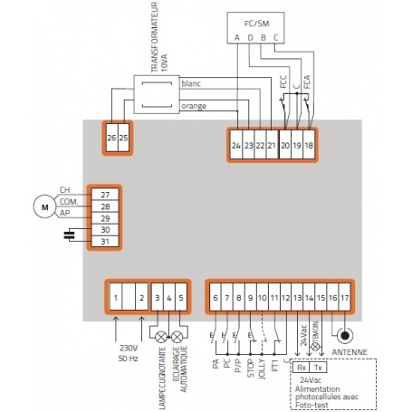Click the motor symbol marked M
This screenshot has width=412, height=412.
[43, 206]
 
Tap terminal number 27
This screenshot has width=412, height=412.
[105, 195]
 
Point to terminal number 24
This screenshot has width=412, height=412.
[236, 145]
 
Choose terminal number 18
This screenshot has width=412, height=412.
[309, 145]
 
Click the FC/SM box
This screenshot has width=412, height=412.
[255, 25]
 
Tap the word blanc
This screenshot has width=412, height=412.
[192, 83]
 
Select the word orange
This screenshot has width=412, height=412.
[194, 106]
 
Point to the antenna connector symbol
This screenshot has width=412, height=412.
[345, 334]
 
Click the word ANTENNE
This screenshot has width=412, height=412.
[350, 353]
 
